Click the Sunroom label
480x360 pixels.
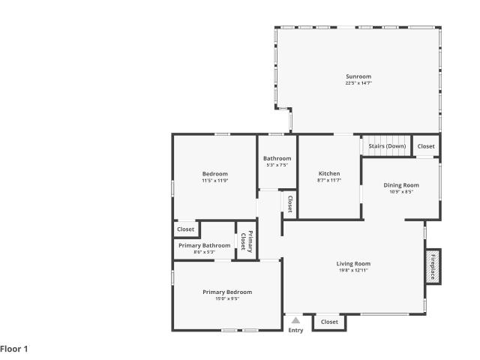click(358, 76)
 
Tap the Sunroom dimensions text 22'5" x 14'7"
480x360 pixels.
click(358, 83)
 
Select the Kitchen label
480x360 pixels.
click(329, 173)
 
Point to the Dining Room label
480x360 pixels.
click(401, 185)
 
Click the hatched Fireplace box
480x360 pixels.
click(433, 267)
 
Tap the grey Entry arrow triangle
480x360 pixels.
click(295, 320)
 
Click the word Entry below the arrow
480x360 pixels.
click(295, 330)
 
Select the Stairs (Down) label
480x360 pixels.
click(387, 146)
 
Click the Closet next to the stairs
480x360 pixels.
click(426, 146)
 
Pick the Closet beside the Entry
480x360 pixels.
click(329, 322)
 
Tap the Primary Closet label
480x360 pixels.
click(247, 241)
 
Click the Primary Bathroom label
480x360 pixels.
click(205, 245)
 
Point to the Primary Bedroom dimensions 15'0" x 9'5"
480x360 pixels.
click(227, 298)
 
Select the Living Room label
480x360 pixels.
click(353, 263)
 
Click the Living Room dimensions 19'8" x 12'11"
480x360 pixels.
click(353, 270)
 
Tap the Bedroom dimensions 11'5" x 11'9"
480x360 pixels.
click(215, 181)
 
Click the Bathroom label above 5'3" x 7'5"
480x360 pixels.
click(277, 158)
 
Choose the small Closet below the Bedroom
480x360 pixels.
click(185, 229)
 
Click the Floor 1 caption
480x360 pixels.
click(14, 349)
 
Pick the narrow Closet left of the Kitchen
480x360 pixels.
click(290, 204)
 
